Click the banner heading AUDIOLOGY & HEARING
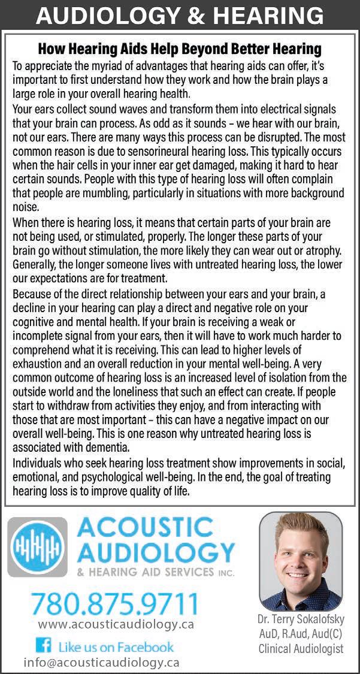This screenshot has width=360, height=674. [x=180, y=15]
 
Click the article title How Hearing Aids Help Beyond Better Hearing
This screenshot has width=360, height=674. [x=180, y=48]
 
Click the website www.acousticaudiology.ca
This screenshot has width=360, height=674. [x=116, y=624]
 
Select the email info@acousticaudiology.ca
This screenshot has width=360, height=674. [x=101, y=662]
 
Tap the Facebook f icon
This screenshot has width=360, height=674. [x=43, y=646]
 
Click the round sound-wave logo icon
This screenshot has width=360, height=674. [x=37, y=547]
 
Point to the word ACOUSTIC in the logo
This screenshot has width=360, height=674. [x=145, y=527]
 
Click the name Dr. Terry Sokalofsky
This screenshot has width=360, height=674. [x=301, y=619]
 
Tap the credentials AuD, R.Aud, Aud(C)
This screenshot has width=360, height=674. [x=301, y=634]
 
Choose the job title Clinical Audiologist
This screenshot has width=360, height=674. [x=301, y=648]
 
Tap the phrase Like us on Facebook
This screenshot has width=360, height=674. [x=116, y=646]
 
